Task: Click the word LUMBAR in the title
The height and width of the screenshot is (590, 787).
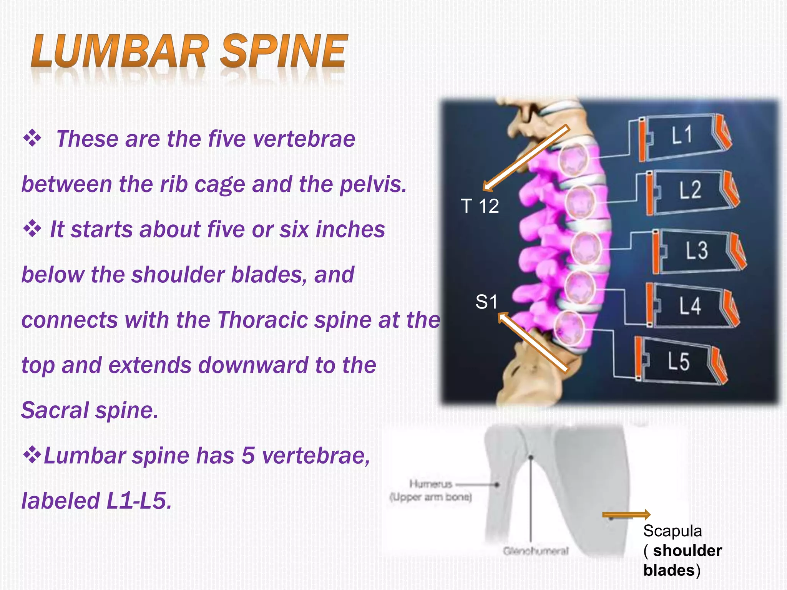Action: pos(120,51)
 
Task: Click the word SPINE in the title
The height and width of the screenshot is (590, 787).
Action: pos(284,51)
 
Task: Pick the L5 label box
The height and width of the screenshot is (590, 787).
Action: pos(679,361)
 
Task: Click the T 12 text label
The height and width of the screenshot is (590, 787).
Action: pos(480,206)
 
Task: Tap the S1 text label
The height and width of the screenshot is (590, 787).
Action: pos(486,302)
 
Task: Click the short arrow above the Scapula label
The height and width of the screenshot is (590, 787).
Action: pos(626,515)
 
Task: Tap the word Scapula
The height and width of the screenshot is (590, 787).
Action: pos(672,531)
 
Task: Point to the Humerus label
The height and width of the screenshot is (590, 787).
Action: pos(430,484)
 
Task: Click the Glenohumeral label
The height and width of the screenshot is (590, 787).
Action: pos(536,551)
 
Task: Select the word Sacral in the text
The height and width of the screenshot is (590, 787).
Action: pos(55,410)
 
